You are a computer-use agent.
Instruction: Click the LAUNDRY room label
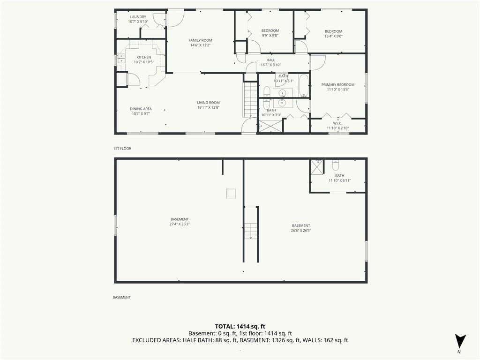click(138, 17)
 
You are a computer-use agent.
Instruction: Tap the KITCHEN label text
click(143, 57)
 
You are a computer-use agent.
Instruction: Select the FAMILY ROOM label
click(200, 40)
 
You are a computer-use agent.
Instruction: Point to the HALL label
click(270, 60)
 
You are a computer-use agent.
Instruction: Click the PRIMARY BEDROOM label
click(337, 85)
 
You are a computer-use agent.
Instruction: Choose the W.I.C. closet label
click(337, 123)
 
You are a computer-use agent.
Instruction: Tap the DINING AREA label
click(141, 109)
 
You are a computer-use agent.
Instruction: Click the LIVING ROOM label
click(208, 103)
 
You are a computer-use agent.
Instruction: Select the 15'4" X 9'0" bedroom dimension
click(333, 36)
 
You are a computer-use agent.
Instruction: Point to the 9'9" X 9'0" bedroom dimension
click(270, 36)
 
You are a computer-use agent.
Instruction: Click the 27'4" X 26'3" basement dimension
click(180, 224)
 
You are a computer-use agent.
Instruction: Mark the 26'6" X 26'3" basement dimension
click(300, 231)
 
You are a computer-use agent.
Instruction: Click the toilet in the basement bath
click(336, 165)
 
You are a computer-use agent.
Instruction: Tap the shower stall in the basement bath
click(317, 167)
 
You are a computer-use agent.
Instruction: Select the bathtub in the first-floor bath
click(303, 86)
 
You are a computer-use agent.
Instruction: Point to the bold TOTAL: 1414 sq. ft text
click(240, 326)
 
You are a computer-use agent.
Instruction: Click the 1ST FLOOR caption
click(122, 149)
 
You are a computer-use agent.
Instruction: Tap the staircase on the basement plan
click(251, 231)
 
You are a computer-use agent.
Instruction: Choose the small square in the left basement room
click(231, 194)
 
